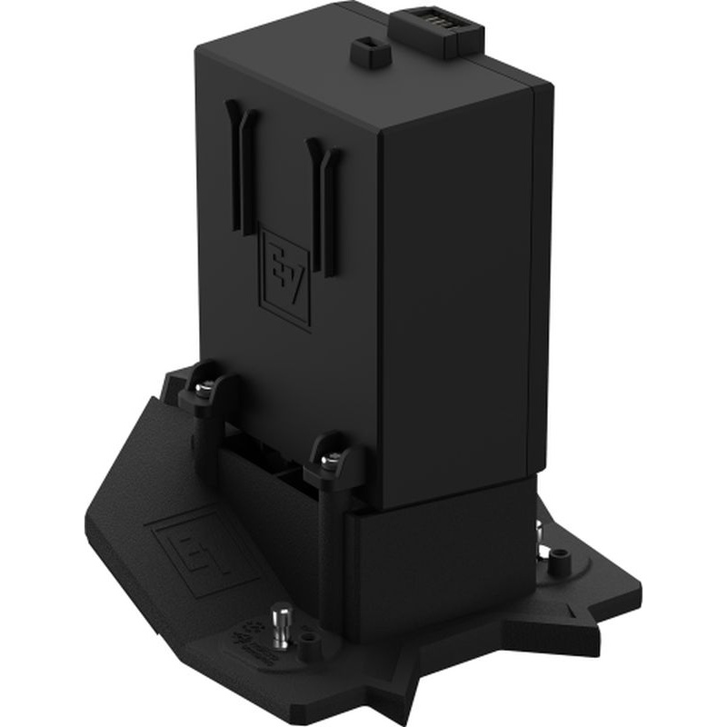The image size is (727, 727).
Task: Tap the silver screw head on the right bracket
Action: pos(334,456)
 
